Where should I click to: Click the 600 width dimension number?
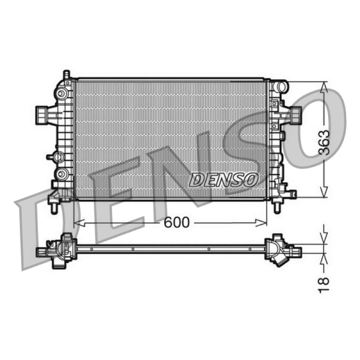point(176,222)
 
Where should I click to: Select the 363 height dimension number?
point(324,142)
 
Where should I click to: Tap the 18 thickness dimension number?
point(324,285)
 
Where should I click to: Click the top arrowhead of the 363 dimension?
point(324,87)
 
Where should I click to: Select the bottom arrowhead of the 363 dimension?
point(324,192)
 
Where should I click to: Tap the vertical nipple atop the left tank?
point(66,74)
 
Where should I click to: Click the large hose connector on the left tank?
point(42,116)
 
